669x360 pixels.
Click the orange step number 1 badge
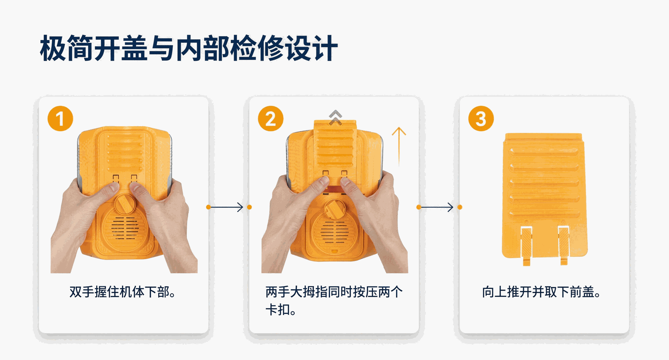60,118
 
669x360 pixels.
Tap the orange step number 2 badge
271,118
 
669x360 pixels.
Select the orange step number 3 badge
481,118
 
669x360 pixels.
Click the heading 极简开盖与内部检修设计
189,48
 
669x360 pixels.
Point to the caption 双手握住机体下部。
123,292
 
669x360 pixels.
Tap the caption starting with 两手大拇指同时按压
334,300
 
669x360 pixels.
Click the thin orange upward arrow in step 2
399,146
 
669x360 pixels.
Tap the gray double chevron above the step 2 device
336,117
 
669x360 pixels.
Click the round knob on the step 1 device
124,204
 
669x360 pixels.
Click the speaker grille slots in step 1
125,228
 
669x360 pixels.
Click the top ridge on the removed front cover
544,152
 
